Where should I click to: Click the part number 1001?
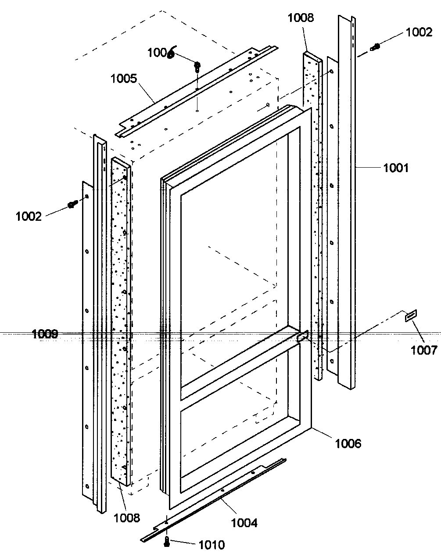point(396,168)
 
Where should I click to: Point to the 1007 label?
point(424,350)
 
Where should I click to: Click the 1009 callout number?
point(45,334)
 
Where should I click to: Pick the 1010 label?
point(212,545)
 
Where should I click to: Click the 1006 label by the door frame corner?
point(348,443)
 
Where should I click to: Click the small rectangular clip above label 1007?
point(411,316)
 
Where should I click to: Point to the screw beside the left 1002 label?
point(72,204)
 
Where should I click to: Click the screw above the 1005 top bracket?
point(197,67)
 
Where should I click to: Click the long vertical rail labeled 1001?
point(346,202)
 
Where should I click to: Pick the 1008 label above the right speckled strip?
point(301,18)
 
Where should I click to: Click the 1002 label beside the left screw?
point(29,216)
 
